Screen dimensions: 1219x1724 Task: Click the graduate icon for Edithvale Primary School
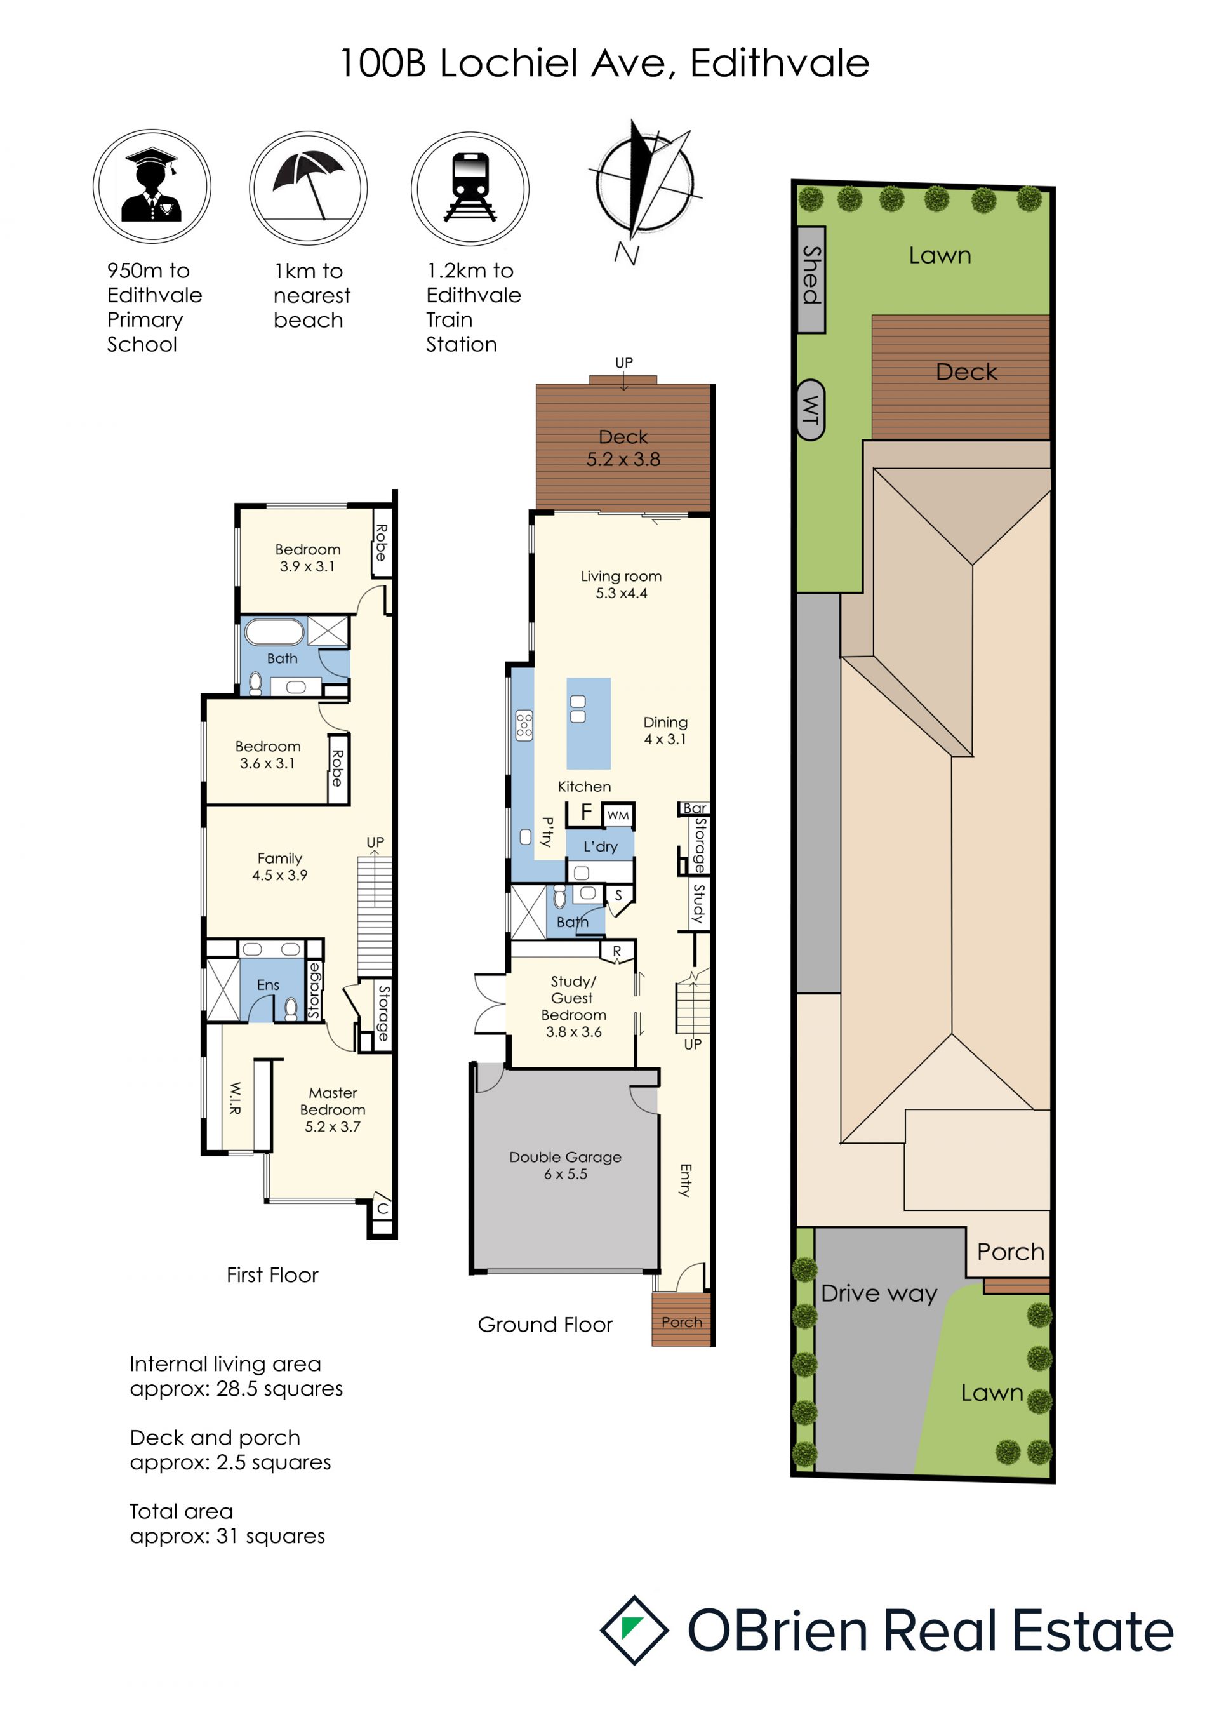tap(152, 185)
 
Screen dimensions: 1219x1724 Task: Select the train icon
tap(470, 188)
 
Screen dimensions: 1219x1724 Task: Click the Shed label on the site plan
tap(811, 275)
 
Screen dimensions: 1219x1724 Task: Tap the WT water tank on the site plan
tap(810, 410)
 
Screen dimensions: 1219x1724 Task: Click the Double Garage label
tap(565, 1165)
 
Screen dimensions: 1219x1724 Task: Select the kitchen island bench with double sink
tap(589, 723)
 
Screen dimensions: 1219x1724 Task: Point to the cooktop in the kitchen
tap(524, 726)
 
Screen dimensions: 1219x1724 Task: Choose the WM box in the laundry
tap(618, 815)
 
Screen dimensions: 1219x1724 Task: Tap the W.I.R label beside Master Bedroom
tap(234, 1098)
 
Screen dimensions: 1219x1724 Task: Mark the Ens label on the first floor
tap(268, 984)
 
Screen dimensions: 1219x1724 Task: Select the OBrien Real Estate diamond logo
tap(634, 1630)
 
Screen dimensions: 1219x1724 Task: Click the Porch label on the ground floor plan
tap(681, 1321)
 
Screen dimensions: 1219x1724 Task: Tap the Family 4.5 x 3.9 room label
tap(279, 867)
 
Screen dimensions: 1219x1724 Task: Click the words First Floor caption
tap(272, 1275)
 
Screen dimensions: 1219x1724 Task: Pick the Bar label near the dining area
tap(695, 808)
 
